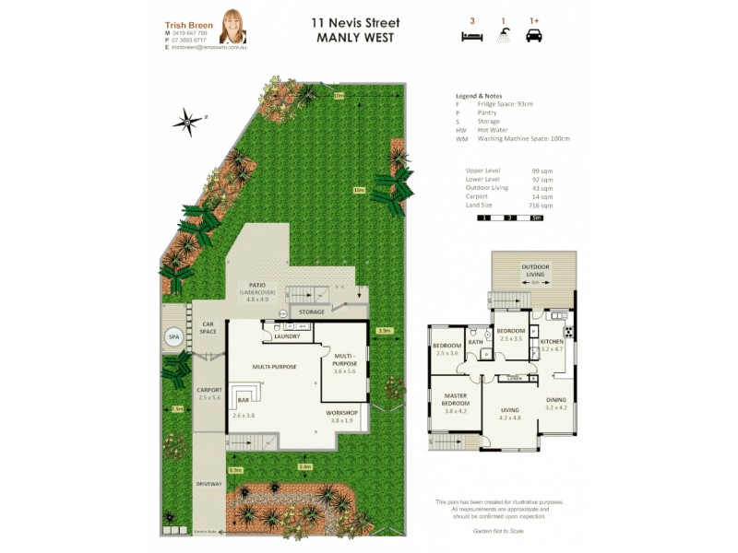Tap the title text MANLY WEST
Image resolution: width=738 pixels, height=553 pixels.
(354, 39)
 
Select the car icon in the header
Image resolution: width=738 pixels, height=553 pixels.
(534, 36)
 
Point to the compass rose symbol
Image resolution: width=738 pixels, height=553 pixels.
(188, 120)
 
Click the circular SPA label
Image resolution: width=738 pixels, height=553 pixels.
(173, 338)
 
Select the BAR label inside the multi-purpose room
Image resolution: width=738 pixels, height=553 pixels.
(244, 401)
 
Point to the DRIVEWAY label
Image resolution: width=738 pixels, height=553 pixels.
(208, 482)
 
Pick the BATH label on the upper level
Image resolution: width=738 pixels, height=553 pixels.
(476, 341)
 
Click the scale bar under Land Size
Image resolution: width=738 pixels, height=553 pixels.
(509, 218)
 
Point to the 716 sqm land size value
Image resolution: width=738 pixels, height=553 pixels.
(542, 206)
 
